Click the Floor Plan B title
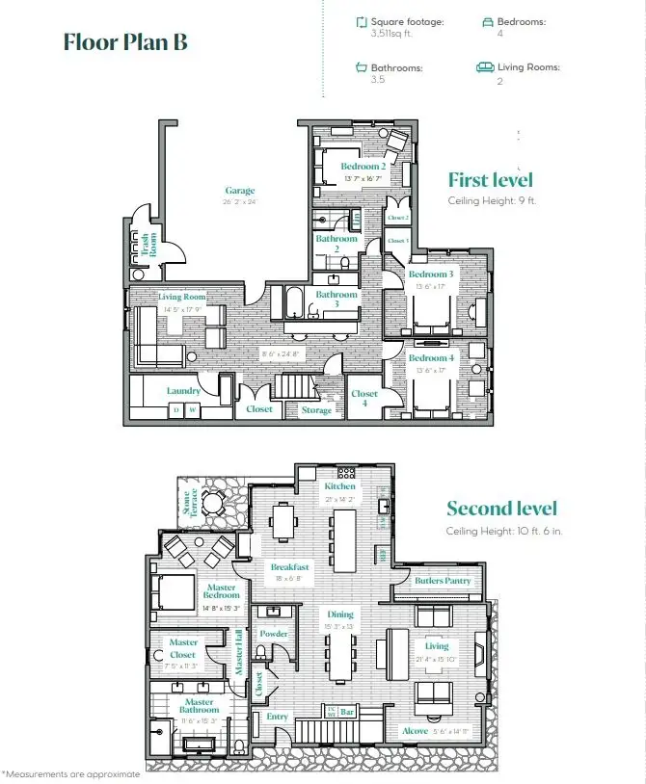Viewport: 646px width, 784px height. [125, 42]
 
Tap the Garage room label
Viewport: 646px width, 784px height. [240, 191]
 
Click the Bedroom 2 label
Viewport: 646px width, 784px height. [363, 167]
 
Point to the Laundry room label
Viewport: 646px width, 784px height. [183, 391]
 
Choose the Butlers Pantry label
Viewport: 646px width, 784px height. [443, 581]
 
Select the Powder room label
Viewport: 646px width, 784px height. [275, 634]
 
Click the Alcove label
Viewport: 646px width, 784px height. [416, 731]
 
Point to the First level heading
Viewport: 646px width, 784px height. [490, 180]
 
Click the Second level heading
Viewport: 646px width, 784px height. [501, 509]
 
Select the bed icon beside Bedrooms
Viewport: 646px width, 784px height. [488, 20]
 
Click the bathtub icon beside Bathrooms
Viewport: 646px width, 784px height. [362, 67]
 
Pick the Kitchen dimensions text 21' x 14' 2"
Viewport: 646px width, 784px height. [340, 500]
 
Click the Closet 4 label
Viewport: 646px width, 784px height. [364, 399]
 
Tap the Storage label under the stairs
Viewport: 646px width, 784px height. [316, 410]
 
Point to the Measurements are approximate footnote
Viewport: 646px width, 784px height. [71, 773]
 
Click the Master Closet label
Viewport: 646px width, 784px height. [184, 648]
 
